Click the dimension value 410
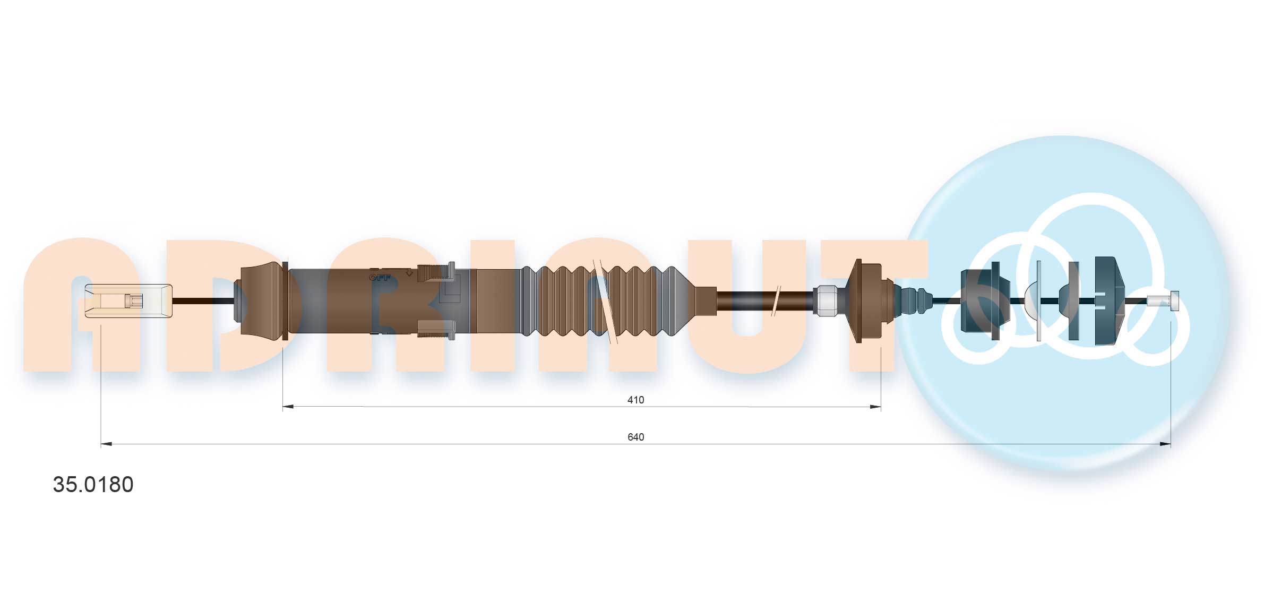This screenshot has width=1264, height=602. point(635,400)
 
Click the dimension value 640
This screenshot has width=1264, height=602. point(635,437)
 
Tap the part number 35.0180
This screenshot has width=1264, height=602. point(93,484)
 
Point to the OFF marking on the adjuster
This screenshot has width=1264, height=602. point(380,278)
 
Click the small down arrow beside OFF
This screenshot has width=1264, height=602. point(409,273)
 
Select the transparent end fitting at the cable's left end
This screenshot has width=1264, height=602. point(128,301)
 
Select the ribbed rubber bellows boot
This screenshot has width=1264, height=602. point(605,301)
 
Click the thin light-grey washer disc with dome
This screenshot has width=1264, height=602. point(1037,301)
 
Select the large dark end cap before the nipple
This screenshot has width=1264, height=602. point(1110,301)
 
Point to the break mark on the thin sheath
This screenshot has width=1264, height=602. point(776,301)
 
